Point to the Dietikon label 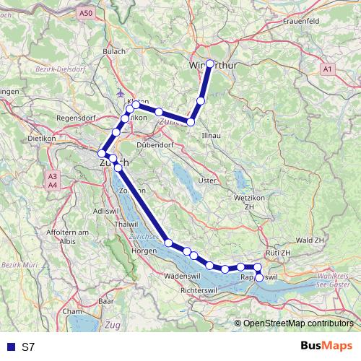click(x=41, y=137)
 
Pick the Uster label click(x=207, y=180)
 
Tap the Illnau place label click(x=212, y=135)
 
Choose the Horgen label click(x=145, y=251)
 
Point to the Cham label click(x=72, y=311)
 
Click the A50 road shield click(x=87, y=13)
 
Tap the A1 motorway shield click(x=328, y=69)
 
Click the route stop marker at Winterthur click(x=210, y=64)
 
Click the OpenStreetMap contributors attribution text click(x=297, y=323)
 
